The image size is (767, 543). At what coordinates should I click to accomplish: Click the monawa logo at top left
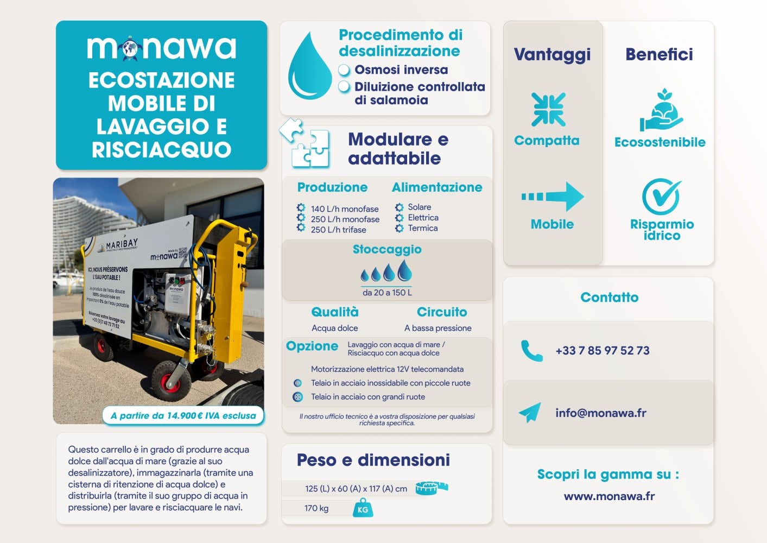pos(161,47)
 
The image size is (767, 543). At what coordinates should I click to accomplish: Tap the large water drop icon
pos(309,67)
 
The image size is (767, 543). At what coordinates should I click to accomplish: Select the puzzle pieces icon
pos(306,143)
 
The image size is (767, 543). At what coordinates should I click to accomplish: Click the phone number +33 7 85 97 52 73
pos(602,351)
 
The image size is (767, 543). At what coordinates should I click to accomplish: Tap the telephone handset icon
pos(531,351)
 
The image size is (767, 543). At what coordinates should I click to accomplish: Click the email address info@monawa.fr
pos(600,413)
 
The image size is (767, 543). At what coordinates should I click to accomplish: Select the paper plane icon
pos(530,413)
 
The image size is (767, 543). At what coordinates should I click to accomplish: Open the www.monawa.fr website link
pos(609,496)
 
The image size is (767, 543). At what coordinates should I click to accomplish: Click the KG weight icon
pos(363,509)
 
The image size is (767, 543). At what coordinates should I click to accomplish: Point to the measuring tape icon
pos(432,488)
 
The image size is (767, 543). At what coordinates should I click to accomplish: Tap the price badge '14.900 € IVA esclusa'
pos(183,416)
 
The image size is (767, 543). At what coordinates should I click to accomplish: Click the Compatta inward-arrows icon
pos(548,110)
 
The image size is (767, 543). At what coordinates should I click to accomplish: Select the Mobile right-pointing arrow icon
pos(553,197)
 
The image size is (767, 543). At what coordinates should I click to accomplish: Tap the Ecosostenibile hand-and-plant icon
pos(661,110)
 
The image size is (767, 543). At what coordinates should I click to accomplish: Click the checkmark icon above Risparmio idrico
pos(661,196)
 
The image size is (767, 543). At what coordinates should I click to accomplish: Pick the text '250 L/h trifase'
pos(338,230)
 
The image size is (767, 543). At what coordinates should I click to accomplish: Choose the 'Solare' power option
pos(419,207)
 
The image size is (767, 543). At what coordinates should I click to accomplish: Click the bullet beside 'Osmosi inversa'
pos(344,70)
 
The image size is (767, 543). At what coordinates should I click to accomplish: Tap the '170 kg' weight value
pos(316,508)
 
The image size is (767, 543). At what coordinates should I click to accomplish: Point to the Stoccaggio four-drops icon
pos(386,271)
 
